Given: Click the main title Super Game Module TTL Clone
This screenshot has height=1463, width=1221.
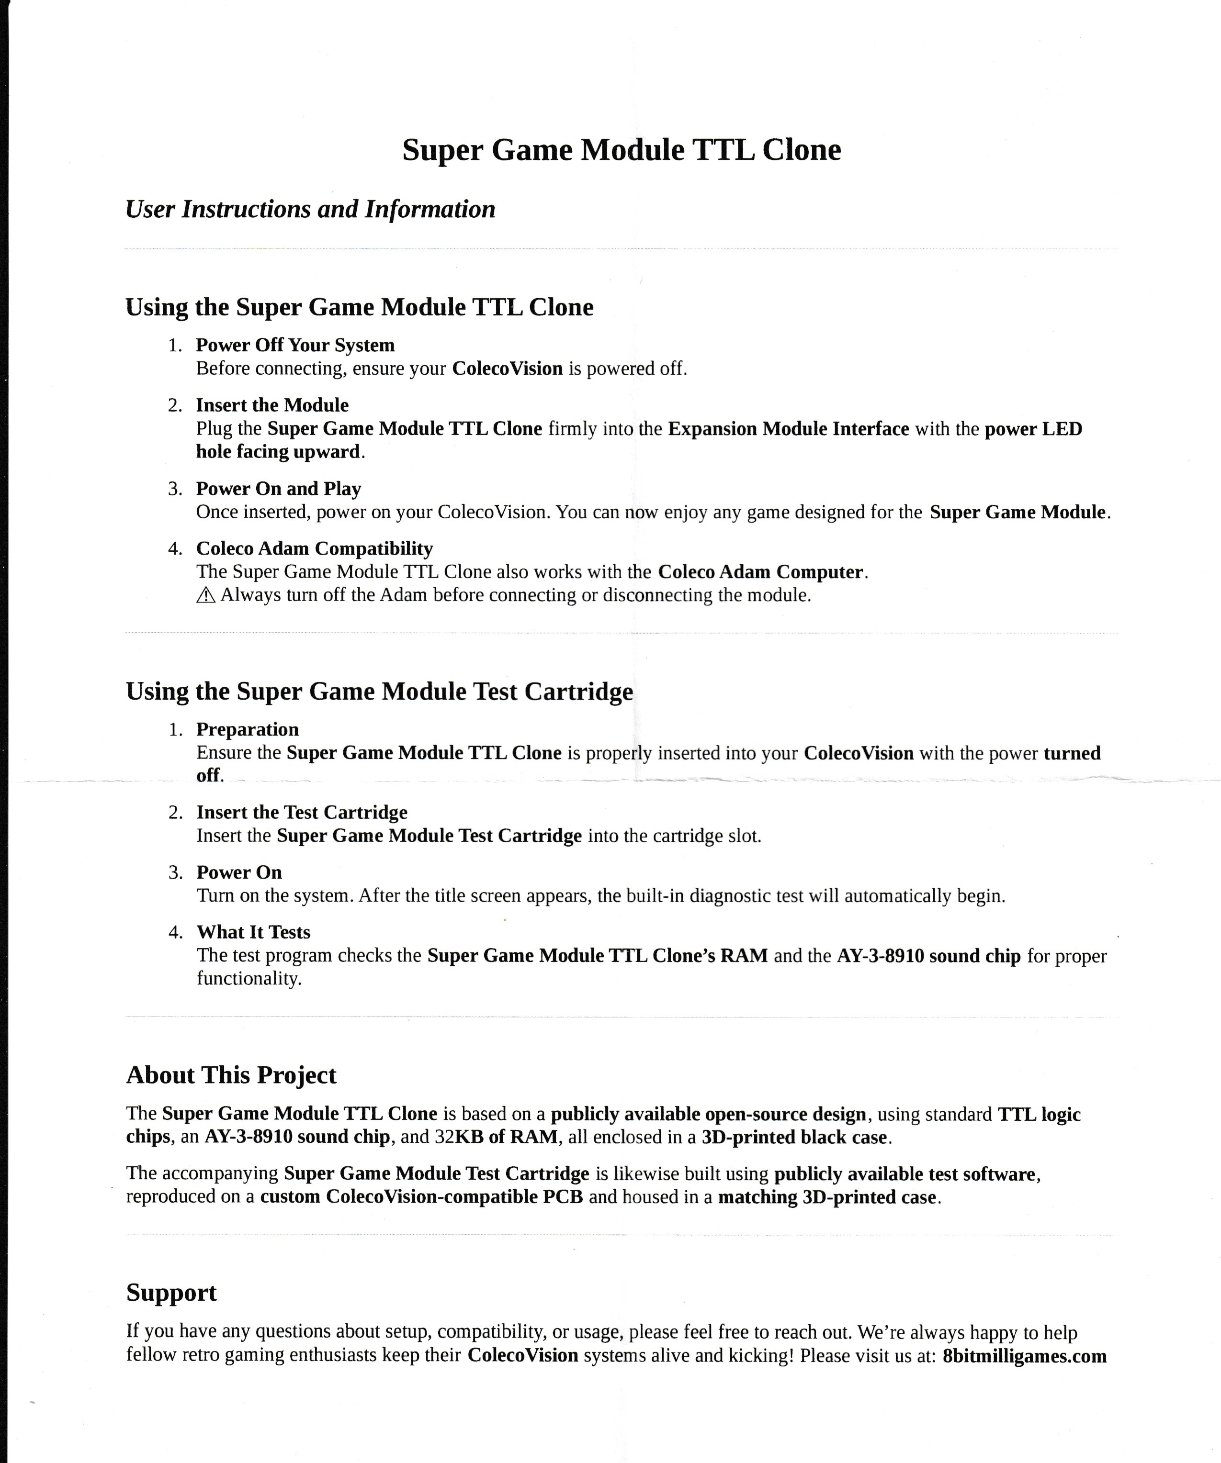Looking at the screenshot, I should [621, 150].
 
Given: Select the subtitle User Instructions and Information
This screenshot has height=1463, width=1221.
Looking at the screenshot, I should [310, 209].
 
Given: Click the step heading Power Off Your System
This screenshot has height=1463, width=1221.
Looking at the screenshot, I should [295, 345].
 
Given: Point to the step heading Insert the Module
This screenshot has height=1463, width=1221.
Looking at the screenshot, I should [272, 405].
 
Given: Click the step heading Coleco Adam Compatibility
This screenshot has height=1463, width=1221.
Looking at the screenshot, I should [314, 548].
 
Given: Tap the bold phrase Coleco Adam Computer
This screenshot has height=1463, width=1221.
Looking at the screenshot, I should [760, 572].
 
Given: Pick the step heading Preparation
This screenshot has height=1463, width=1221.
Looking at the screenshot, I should [248, 729].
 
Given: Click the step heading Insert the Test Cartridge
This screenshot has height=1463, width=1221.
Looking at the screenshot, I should [302, 812].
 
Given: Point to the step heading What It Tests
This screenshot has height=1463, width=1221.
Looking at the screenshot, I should [253, 932].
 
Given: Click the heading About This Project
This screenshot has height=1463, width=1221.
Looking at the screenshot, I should [231, 1075].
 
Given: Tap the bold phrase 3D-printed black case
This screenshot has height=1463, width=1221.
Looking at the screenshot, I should [794, 1137].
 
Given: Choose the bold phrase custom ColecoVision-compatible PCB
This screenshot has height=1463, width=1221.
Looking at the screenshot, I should [421, 1197].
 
